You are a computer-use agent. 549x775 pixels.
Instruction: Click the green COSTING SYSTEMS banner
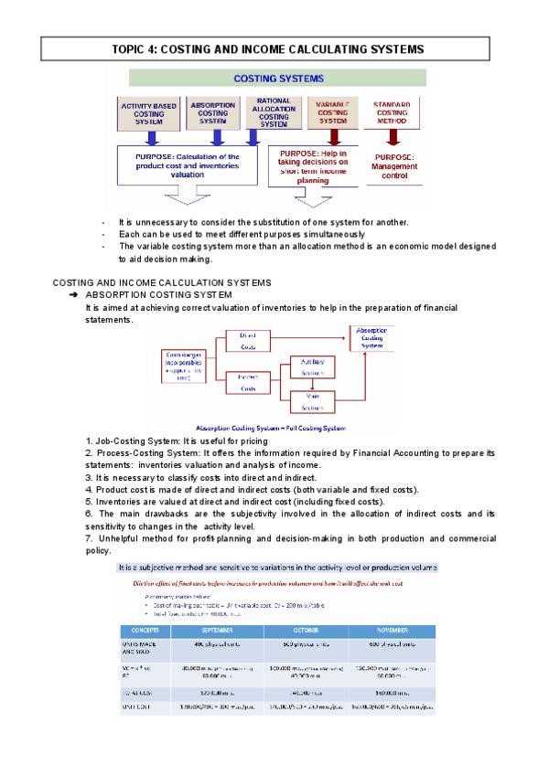(277, 79)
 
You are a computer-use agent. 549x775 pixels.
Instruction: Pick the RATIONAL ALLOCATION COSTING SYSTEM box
(274, 112)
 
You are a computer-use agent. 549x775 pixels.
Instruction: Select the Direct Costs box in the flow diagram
(247, 342)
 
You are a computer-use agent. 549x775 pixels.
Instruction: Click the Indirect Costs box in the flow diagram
(247, 381)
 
